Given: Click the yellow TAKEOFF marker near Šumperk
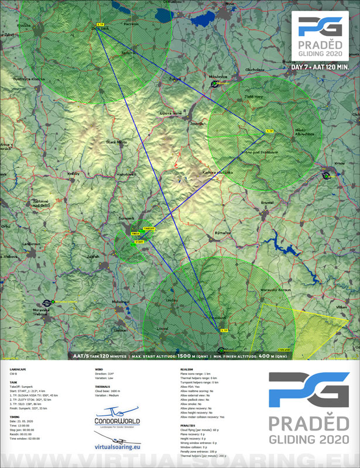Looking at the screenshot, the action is coord(149,228).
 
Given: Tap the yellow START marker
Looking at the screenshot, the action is coord(139,241).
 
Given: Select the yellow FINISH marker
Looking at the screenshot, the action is coord(135,233).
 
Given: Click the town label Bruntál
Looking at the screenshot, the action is coord(268,202).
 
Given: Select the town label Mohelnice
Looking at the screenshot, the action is coord(121,301).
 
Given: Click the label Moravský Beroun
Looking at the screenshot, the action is coord(276,290).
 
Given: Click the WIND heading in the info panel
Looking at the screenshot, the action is coord(99,370).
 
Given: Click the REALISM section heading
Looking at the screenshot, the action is coord(187,370).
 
